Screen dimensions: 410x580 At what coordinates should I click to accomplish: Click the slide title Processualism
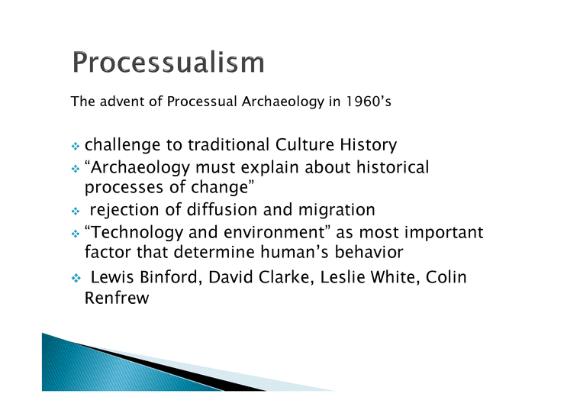point(169,63)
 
